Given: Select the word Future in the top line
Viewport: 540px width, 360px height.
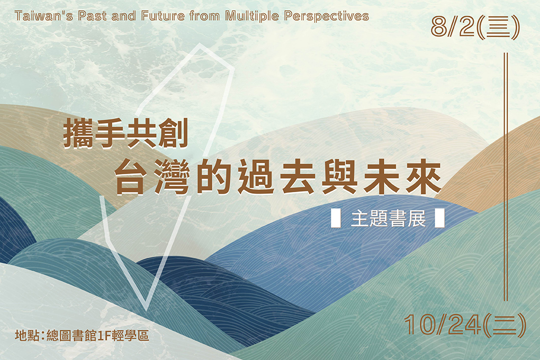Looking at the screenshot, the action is tap(163, 16).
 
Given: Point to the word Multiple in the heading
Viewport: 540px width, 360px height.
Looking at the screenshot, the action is tap(252, 16).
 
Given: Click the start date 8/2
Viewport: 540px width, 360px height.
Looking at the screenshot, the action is tap(453, 27).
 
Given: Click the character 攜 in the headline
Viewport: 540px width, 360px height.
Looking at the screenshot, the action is tap(78, 133).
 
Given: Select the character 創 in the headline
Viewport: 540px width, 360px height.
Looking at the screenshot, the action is tap(173, 133).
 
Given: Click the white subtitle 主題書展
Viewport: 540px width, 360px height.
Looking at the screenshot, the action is tap(388, 219).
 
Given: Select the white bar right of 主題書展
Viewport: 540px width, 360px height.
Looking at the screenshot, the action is tap(440, 218).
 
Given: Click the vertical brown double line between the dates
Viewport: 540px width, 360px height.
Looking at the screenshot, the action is tap(506, 176).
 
